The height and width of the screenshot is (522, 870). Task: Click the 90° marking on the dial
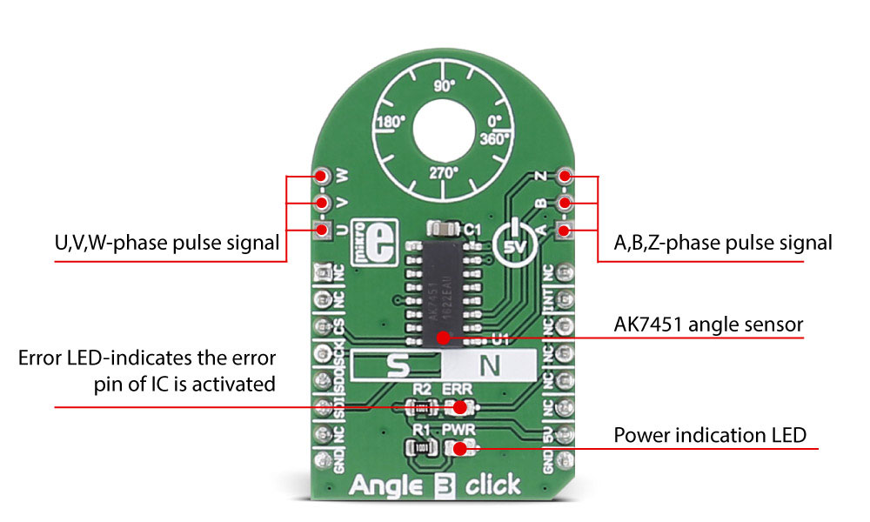pyautogui.click(x=445, y=86)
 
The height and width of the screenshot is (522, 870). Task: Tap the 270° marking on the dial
pyautogui.click(x=444, y=172)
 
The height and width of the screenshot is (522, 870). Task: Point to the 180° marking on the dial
pyautogui.click(x=391, y=123)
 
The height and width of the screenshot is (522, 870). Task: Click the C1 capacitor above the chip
pyautogui.click(x=445, y=228)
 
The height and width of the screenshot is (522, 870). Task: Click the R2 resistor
pyautogui.click(x=422, y=406)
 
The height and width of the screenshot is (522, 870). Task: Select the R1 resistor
pyautogui.click(x=422, y=448)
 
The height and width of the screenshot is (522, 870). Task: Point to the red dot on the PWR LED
pyautogui.click(x=458, y=448)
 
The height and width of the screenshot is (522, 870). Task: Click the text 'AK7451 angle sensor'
pyautogui.click(x=707, y=325)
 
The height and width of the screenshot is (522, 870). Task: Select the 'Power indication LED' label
pyautogui.click(x=710, y=435)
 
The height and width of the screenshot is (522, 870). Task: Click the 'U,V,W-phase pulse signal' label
pyautogui.click(x=165, y=243)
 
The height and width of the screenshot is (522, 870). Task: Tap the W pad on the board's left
pyautogui.click(x=322, y=175)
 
